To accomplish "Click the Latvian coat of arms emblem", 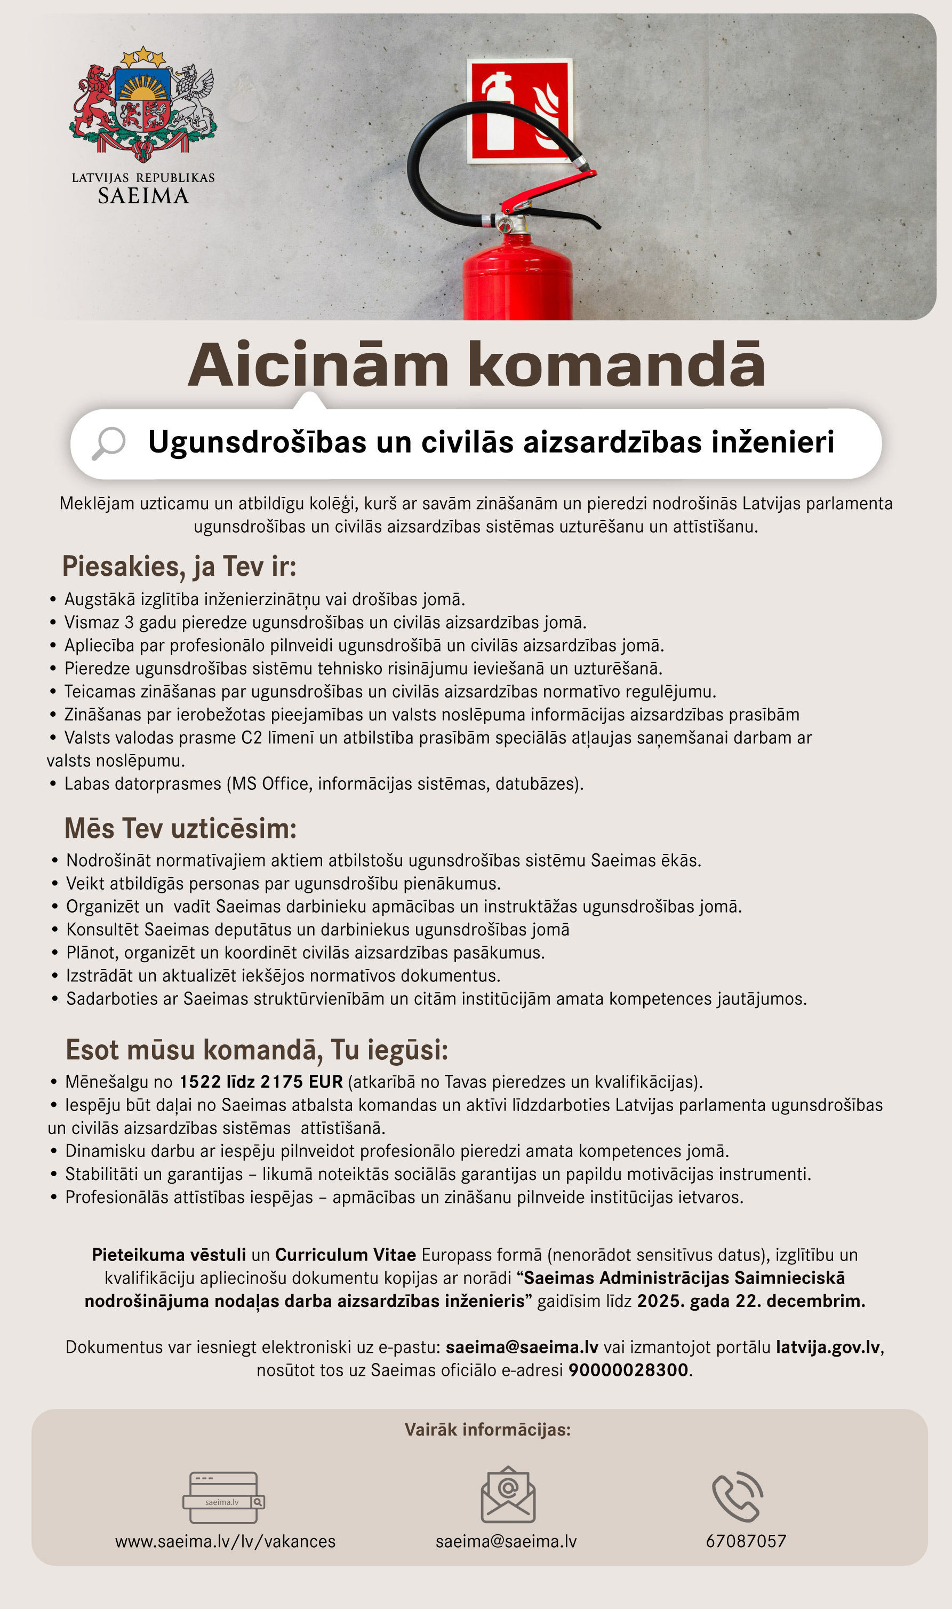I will [x=143, y=105].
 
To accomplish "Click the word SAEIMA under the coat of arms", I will [x=143, y=196].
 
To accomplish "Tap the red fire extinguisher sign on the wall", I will [x=519, y=111].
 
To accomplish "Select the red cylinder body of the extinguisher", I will [x=517, y=282].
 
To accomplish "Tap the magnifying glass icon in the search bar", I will [x=108, y=443].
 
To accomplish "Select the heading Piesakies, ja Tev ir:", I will [x=179, y=566].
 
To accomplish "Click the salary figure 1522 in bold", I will [x=199, y=1081].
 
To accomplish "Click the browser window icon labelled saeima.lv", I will [x=223, y=1497].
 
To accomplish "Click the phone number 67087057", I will [x=746, y=1542].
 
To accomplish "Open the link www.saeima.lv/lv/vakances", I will [x=225, y=1542].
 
